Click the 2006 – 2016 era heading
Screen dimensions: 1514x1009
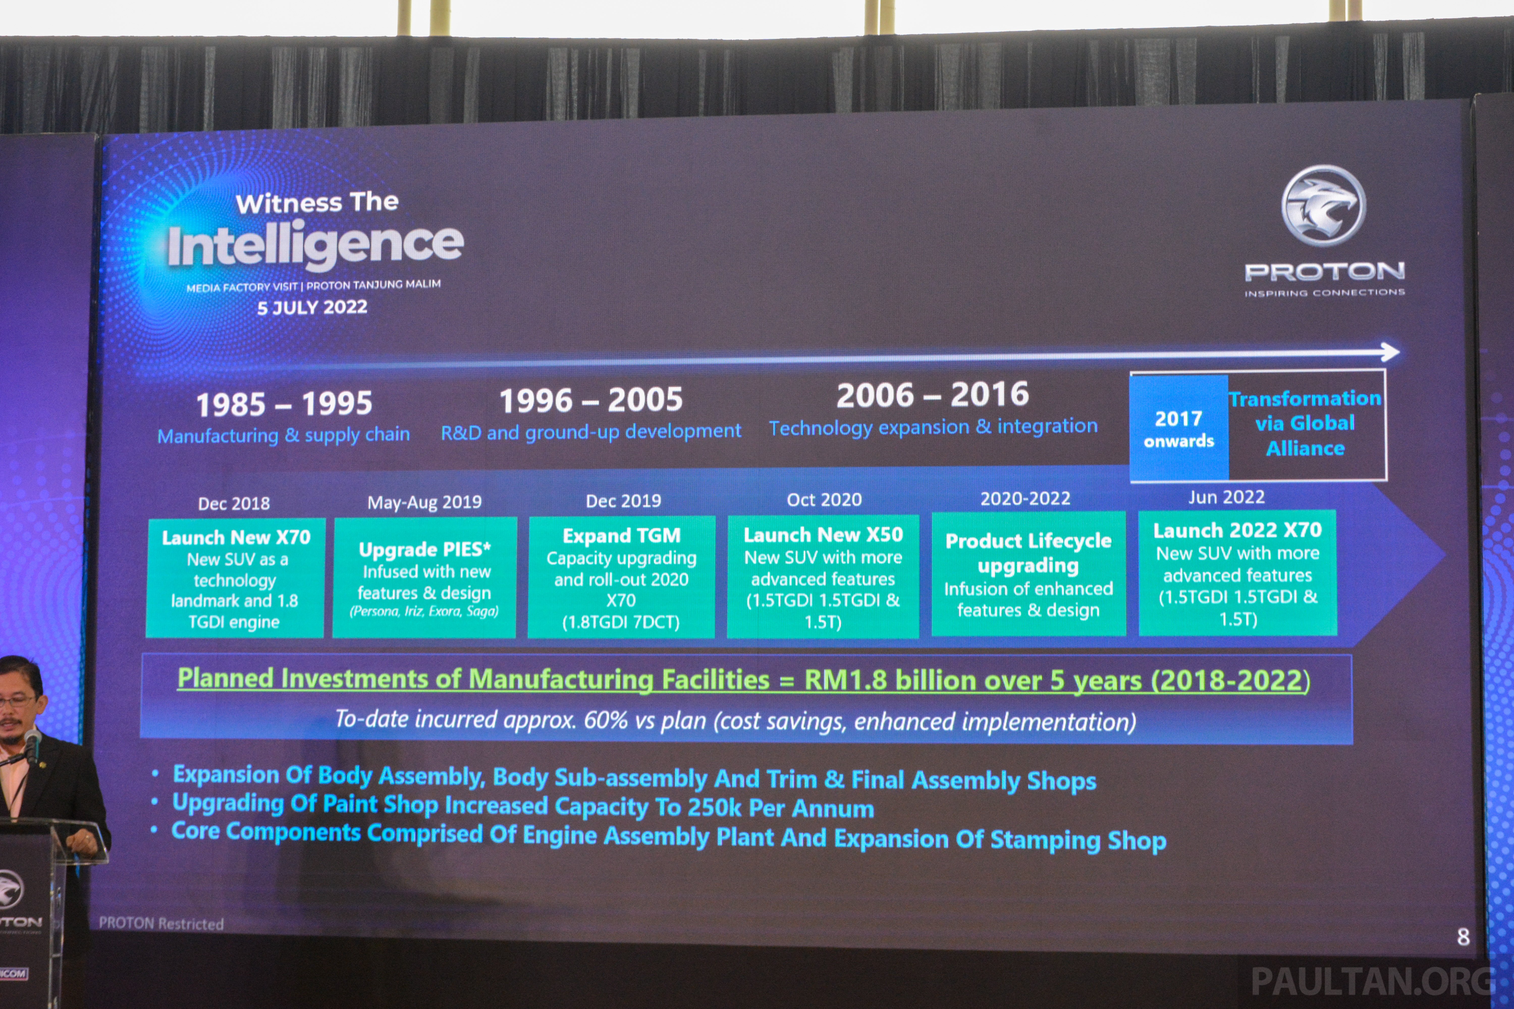(x=933, y=395)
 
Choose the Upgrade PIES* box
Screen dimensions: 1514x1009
(x=425, y=577)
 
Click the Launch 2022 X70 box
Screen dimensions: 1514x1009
(x=1237, y=573)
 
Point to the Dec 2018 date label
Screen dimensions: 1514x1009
(x=234, y=503)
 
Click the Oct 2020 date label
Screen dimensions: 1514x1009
(x=824, y=499)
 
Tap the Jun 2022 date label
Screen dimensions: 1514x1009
(x=1226, y=497)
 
